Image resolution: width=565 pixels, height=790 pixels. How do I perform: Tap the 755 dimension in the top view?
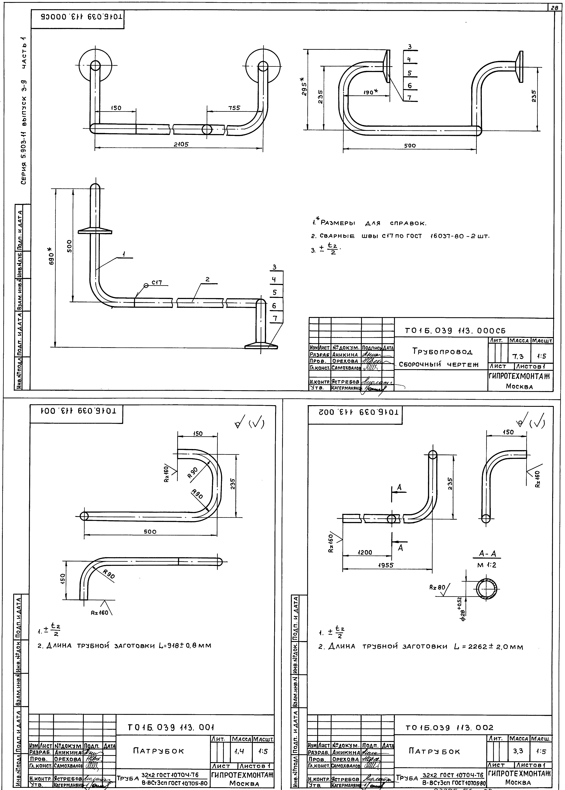234,108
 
